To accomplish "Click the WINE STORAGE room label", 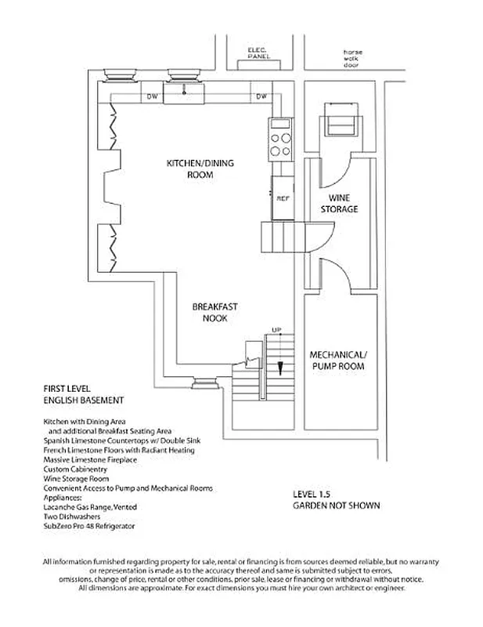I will coord(340,204).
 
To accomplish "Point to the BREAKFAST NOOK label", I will coord(209,313).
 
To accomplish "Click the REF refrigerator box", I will coord(283,198).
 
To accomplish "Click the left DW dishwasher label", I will coord(153,96).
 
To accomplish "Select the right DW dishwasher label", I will coord(261,96).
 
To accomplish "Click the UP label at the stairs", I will coord(276,328).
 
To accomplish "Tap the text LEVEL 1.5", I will coord(311,495).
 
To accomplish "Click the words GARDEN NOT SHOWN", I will coord(336,506).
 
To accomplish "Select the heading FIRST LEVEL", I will coord(69,389).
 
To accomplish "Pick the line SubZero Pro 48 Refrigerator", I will coord(89,526).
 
